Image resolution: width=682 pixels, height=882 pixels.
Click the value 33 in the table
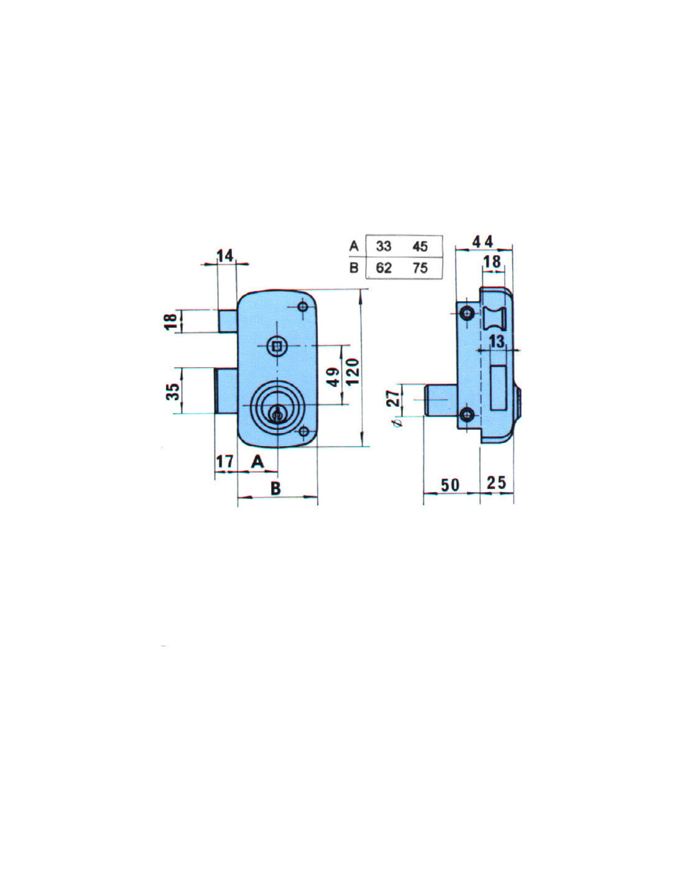pos(383,246)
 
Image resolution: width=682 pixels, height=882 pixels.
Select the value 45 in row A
pos(420,246)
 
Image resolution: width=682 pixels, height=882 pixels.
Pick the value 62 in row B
pos(383,268)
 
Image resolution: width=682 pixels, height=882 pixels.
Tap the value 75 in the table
pos(420,268)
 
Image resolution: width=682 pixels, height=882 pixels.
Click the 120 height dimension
pos(353,372)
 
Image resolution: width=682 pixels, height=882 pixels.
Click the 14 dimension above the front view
pos(225,256)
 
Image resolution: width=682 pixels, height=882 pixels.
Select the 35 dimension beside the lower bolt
pos(172,391)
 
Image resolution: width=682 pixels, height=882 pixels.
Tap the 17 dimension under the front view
pos(224,461)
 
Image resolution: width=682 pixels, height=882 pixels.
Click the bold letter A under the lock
pos(258,461)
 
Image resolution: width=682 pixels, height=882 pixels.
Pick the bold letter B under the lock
pos(275,488)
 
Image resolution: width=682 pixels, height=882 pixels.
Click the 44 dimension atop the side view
pos(482,242)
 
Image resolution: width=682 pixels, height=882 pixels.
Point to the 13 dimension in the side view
pos(497,341)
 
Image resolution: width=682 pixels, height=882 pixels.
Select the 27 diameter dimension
pos(393,398)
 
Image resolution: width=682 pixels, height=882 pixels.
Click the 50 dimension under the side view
pos(450,484)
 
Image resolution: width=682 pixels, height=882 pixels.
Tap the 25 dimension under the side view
pos(497,483)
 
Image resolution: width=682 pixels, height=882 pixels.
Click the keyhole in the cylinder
pos(277,415)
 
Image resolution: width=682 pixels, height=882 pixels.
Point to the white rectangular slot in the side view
pos(498,388)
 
